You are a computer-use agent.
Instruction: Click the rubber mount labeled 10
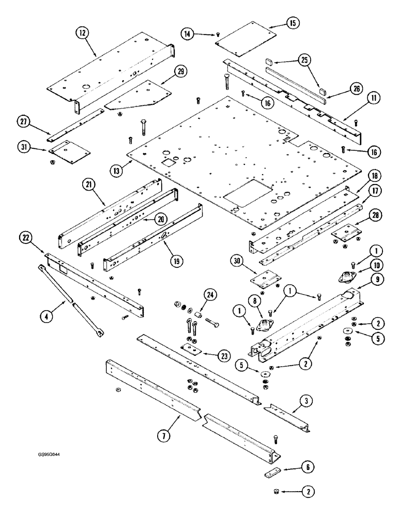point(345,277)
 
